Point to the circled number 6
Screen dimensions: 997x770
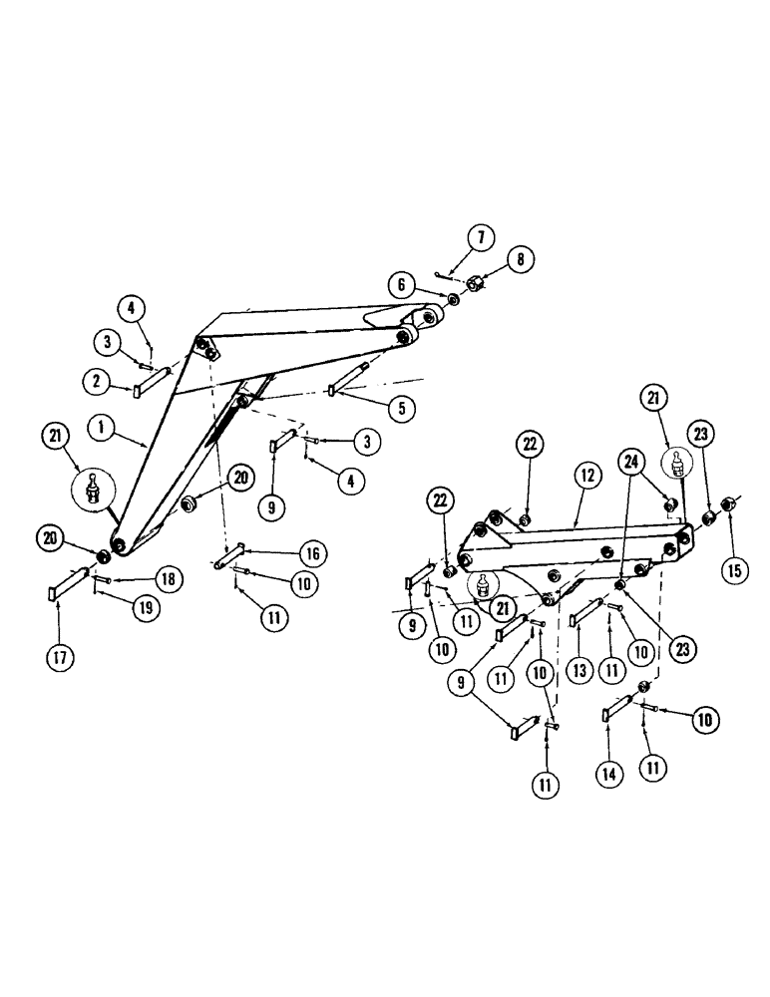click(402, 285)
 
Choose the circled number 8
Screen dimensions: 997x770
click(519, 260)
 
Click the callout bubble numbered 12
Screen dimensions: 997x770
click(587, 477)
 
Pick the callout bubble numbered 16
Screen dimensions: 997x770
click(312, 554)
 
